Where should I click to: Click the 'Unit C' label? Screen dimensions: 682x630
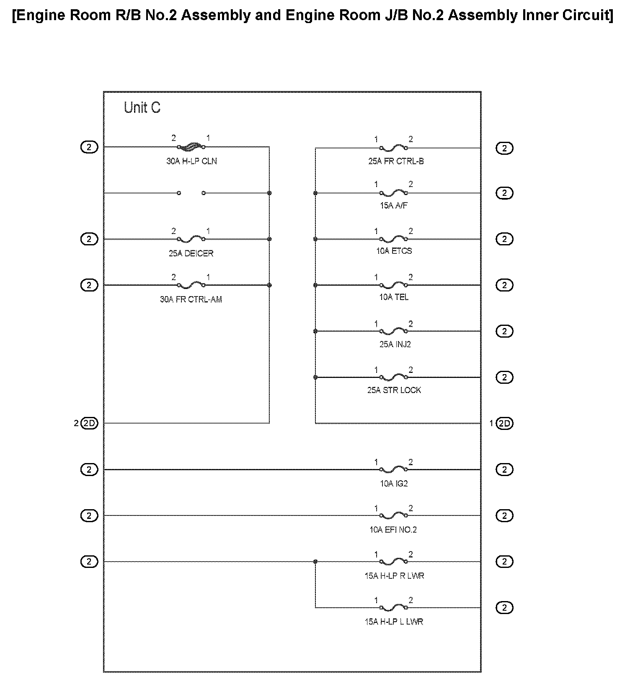(x=142, y=108)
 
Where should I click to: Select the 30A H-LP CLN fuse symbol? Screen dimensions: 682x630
(x=191, y=147)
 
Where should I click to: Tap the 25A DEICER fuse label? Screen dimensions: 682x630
(x=191, y=253)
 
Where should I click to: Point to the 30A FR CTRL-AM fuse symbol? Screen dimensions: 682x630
(x=191, y=285)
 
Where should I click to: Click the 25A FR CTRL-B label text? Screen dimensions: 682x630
(x=396, y=161)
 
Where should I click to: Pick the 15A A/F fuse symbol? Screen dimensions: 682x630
(x=393, y=193)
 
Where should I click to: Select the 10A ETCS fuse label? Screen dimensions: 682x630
(x=394, y=251)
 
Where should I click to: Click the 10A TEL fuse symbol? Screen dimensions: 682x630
(x=393, y=286)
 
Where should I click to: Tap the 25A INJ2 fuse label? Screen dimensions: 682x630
(x=395, y=344)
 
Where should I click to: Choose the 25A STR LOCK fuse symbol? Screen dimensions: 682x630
(x=393, y=377)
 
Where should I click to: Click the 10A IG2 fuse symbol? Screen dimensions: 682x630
(x=393, y=470)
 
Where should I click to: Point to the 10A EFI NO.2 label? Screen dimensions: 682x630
(x=393, y=530)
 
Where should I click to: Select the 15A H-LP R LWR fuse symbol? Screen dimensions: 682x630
(x=393, y=562)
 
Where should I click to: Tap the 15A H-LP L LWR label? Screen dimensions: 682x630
(x=394, y=622)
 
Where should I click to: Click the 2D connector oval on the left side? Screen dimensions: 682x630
(x=89, y=423)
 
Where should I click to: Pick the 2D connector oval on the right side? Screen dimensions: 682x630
(x=504, y=424)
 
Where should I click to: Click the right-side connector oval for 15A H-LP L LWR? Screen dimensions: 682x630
(x=504, y=607)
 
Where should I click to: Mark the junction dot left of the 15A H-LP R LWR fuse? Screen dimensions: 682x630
(x=315, y=561)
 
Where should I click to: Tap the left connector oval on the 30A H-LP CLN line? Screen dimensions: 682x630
(x=89, y=147)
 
